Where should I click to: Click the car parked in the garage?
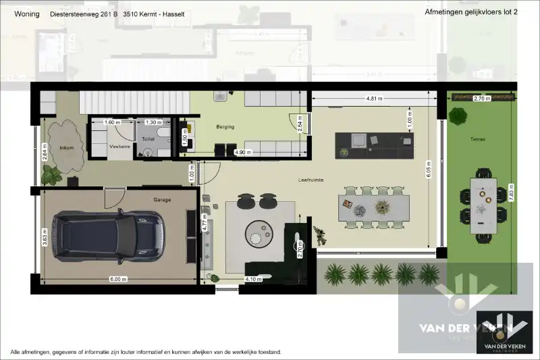tap(110, 236)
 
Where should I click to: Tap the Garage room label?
tap(162, 200)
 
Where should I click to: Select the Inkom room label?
tap(67, 147)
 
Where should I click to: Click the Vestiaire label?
tap(119, 146)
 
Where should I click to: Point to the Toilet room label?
tap(148, 138)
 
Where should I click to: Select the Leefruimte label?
tap(311, 180)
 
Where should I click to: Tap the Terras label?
tap(479, 139)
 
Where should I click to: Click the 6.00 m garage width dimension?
tap(118, 278)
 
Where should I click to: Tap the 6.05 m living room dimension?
tap(429, 173)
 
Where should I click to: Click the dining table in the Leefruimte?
tap(374, 206)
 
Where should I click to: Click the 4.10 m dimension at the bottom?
tap(253, 278)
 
